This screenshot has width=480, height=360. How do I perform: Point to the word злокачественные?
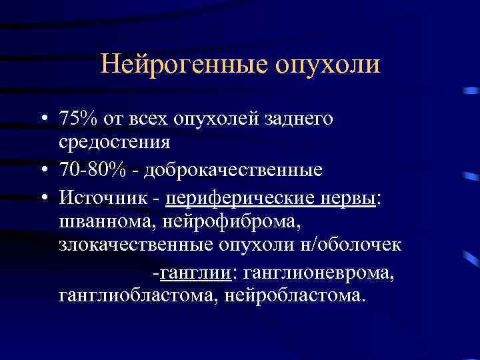click(135, 245)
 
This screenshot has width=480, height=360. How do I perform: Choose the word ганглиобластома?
click(136, 294)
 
